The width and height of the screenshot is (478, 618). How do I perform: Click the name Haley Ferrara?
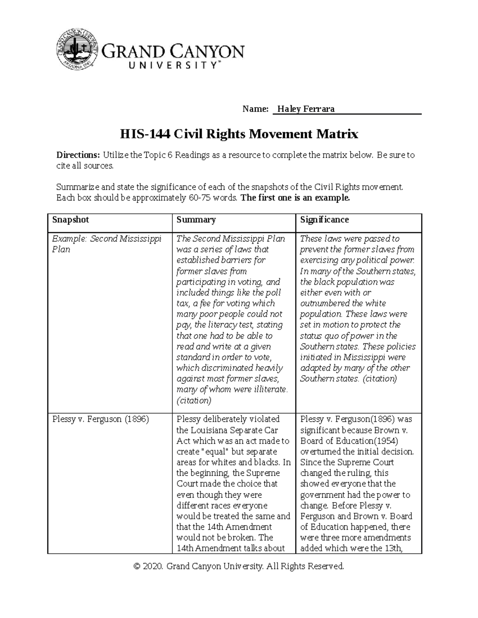pos(306,109)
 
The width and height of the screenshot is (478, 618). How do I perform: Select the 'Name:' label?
pos(255,109)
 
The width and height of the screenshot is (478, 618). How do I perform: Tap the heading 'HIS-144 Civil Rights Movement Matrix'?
pos(239,134)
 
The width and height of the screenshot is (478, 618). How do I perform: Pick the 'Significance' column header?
pos(324,220)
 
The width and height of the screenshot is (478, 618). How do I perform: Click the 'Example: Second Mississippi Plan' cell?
pos(107,244)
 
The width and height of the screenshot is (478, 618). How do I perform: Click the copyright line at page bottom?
pos(239,566)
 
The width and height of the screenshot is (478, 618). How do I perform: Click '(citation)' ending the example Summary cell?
pos(194,401)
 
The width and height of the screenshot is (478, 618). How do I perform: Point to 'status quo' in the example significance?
pos(319,336)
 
